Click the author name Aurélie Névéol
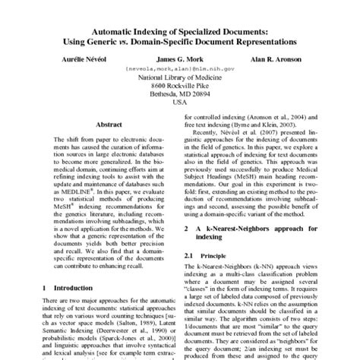click(72, 57)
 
